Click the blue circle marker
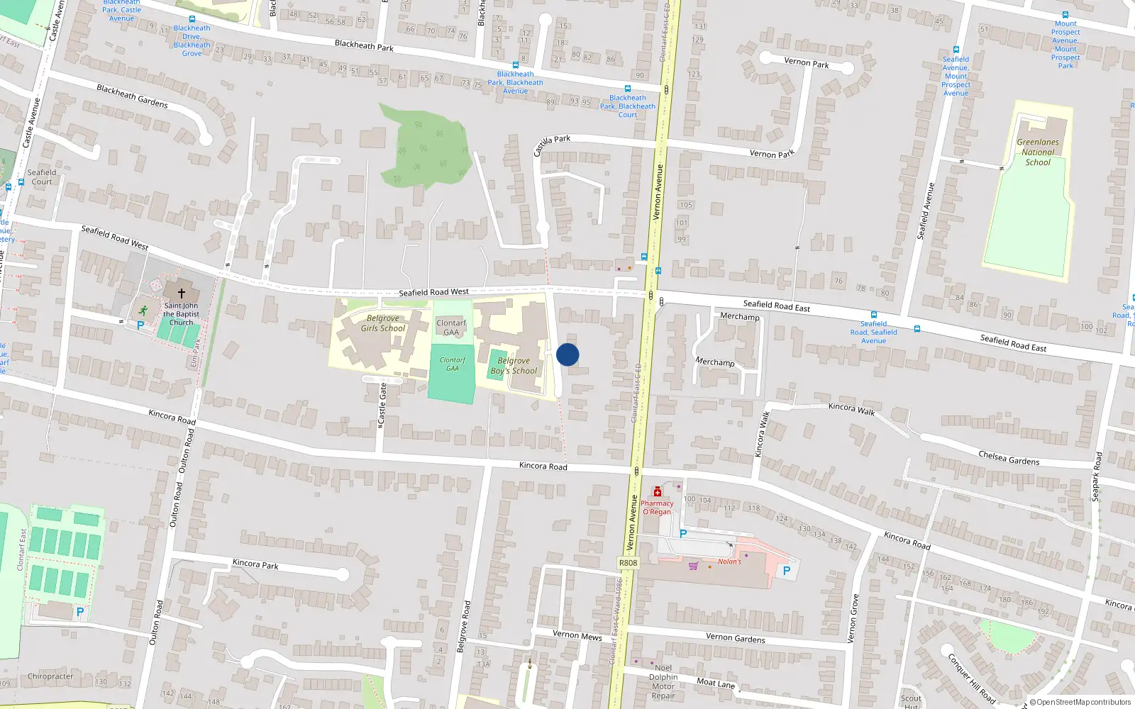567,354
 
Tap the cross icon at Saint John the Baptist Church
182,293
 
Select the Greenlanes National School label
1037,152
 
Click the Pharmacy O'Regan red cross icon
658,492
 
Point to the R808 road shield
628,563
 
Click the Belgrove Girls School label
383,323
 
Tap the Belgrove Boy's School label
514,366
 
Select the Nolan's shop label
729,562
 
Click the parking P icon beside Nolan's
786,570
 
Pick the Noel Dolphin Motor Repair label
663,681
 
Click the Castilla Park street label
552,145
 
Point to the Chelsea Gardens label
1009,457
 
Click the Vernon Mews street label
577,635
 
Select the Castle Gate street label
383,404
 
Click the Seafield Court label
42,177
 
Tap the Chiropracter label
50,676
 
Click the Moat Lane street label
716,683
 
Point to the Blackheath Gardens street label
132,96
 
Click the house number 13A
483,664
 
